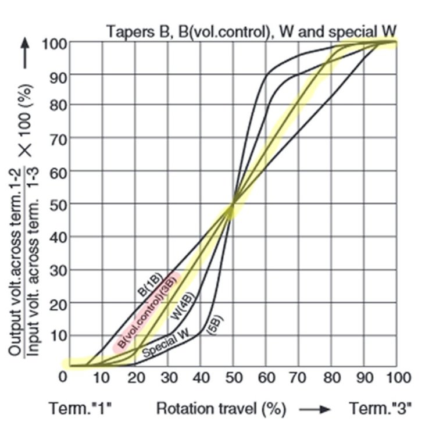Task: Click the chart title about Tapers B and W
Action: [x=251, y=31]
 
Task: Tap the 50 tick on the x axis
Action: [x=233, y=377]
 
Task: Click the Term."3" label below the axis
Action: [x=380, y=409]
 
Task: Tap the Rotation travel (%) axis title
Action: [x=221, y=409]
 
